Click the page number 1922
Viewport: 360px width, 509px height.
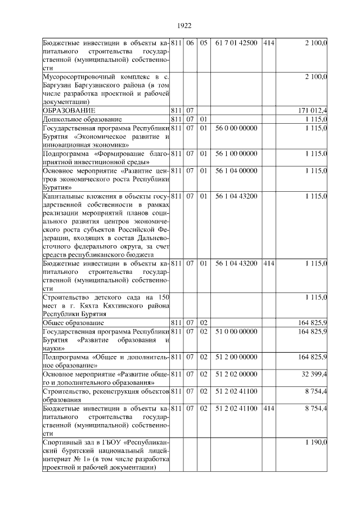tap(184, 25)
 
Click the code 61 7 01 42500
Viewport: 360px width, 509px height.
tap(236, 43)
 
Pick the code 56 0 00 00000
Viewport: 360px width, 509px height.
tap(236, 128)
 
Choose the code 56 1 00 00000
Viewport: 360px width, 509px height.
tap(236, 153)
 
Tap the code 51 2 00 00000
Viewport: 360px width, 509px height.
tap(236, 357)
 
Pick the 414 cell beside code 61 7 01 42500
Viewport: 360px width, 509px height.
tap(268, 43)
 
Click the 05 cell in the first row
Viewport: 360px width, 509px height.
tap(204, 43)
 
